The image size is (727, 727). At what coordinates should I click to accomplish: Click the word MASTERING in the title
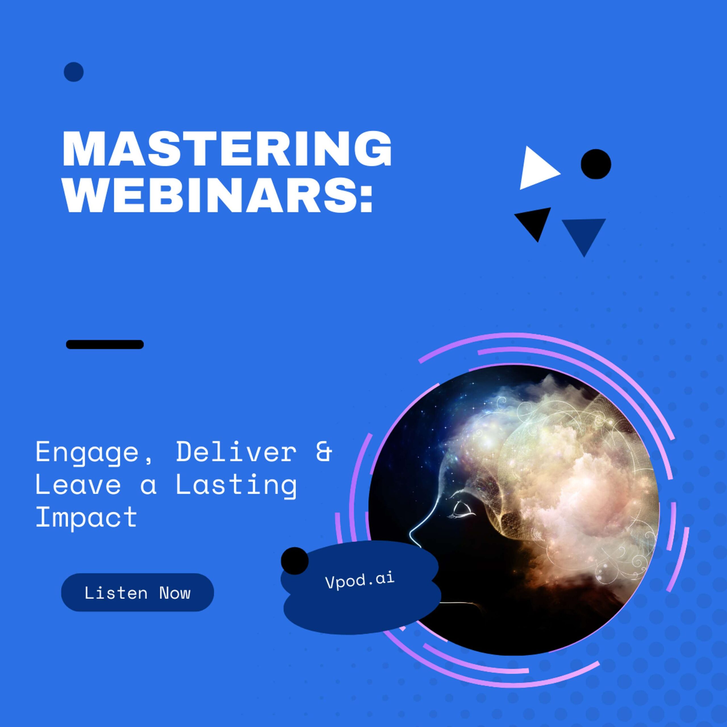[227, 149]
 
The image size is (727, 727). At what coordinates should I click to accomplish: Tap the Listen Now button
[137, 593]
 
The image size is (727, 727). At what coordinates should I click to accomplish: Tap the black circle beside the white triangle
[596, 164]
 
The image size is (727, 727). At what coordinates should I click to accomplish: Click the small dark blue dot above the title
[74, 72]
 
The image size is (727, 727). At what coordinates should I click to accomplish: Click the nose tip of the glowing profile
[411, 533]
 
